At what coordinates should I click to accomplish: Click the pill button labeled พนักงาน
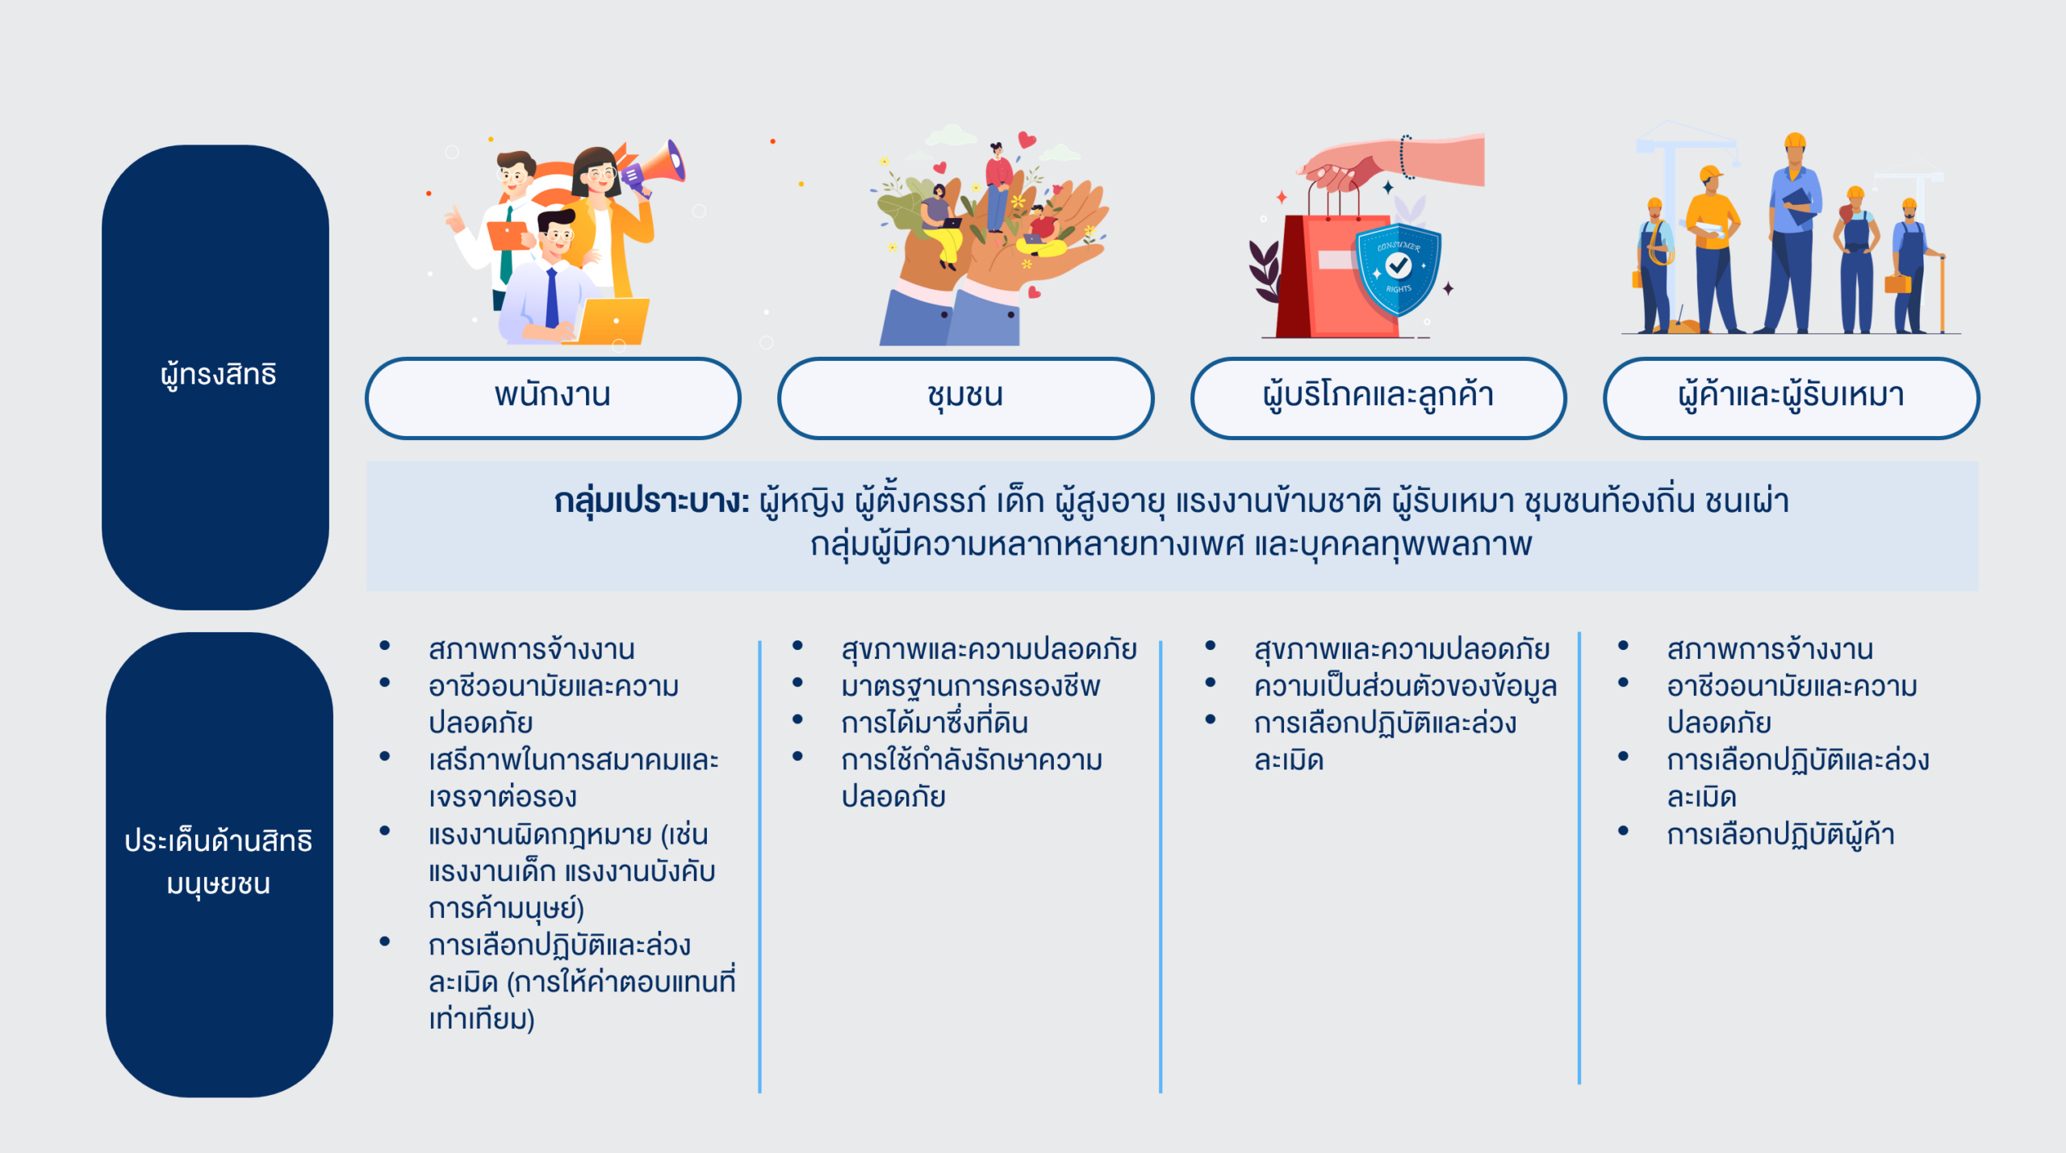pos(553,398)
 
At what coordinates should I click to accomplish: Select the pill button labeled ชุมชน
pos(965,398)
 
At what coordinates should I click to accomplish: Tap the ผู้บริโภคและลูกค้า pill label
pos(1378,398)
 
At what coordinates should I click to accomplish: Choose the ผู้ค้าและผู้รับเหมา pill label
pos(1791,398)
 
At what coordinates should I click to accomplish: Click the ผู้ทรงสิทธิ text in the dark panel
pos(218,375)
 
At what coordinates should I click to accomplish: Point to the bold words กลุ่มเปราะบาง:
pos(652,501)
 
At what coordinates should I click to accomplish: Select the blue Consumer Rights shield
pos(1399,268)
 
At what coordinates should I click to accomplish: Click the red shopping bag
pos(1332,275)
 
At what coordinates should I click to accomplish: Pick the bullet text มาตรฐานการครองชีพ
pos(970,686)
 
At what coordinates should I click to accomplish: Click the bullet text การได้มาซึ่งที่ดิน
pos(935,723)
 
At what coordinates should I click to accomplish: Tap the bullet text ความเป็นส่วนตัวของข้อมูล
pos(1405,686)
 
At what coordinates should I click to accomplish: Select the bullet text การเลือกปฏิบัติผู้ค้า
pos(1780,834)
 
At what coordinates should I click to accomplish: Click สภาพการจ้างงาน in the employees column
pos(531,649)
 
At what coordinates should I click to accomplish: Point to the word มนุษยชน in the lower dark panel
pos(218,884)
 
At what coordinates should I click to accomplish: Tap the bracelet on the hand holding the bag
pos(1406,157)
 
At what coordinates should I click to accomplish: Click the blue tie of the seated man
pos(552,296)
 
